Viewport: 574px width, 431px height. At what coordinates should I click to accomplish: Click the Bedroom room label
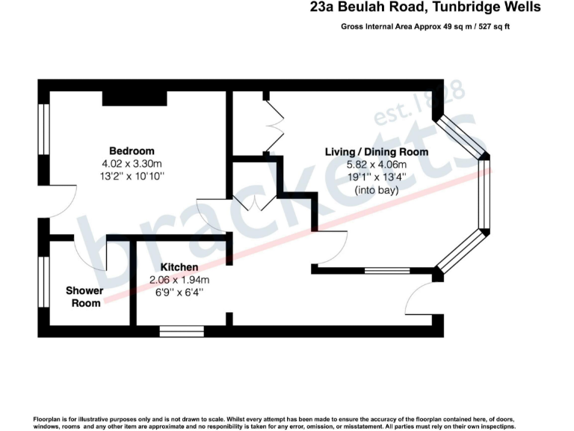132,150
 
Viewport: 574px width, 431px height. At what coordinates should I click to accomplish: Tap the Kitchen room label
179,267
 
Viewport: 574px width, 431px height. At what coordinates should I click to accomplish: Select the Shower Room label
84,296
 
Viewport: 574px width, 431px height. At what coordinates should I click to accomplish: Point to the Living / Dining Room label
376,152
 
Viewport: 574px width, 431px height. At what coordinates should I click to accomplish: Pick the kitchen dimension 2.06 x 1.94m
179,281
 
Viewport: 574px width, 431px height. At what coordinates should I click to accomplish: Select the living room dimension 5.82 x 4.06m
376,165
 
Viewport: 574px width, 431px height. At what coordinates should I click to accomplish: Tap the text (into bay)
376,190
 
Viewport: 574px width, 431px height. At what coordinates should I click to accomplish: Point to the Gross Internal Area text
425,26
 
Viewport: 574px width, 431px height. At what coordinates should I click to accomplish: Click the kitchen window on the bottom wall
182,329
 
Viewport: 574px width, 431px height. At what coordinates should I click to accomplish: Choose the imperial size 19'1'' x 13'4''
376,177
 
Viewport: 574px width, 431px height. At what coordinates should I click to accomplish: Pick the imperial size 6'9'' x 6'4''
179,293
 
